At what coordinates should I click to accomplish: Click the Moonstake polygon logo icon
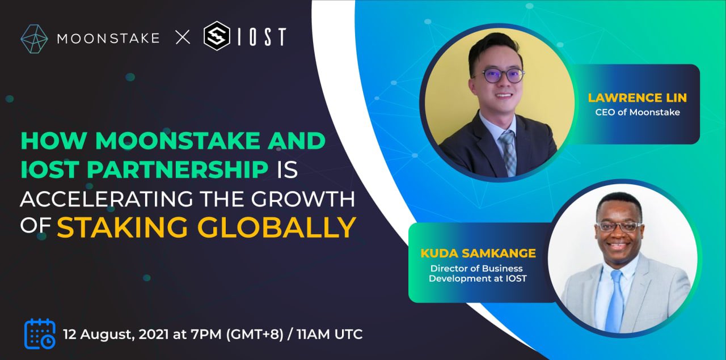[x=34, y=39]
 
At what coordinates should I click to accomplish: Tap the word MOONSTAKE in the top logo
[x=108, y=39]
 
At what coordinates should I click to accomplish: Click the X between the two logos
[x=183, y=39]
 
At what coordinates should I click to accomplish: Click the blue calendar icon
[x=40, y=333]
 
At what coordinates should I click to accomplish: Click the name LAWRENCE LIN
[x=637, y=98]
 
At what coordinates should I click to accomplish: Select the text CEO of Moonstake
[x=637, y=112]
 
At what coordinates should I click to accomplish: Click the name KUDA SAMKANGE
[x=478, y=253]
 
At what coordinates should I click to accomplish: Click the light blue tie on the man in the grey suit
[x=615, y=300]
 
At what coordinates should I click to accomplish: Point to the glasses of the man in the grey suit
[x=618, y=226]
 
